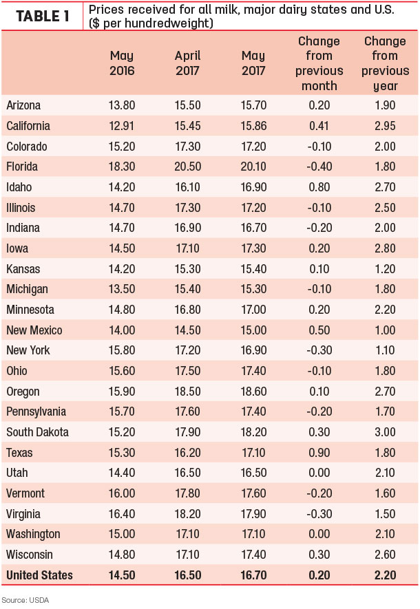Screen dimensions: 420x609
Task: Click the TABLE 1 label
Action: click(x=43, y=17)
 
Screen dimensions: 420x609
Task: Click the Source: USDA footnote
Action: click(x=25, y=600)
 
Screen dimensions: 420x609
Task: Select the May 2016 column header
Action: click(x=122, y=63)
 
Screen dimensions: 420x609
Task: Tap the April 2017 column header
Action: click(x=188, y=63)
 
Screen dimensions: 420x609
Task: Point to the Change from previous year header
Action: click(x=385, y=63)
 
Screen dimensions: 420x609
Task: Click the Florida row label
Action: click(x=22, y=167)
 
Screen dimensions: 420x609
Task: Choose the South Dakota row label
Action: click(x=37, y=432)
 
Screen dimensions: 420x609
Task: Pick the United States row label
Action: click(x=39, y=575)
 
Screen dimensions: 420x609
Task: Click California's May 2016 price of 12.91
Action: click(x=122, y=126)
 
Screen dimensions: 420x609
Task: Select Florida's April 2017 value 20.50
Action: click(x=188, y=167)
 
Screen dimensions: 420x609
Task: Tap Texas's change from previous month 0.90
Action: click(x=319, y=453)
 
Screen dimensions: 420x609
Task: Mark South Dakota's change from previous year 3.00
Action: click(x=385, y=432)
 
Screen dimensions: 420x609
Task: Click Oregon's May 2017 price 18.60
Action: click(x=253, y=391)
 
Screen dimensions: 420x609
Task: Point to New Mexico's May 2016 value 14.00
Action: click(x=122, y=330)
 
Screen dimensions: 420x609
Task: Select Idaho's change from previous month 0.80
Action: click(x=319, y=187)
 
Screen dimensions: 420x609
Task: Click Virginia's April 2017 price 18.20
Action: click(x=188, y=514)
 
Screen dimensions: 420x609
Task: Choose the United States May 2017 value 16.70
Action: click(x=253, y=575)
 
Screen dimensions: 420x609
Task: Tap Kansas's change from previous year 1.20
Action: click(x=385, y=269)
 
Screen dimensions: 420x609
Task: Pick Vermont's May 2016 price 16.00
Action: click(x=122, y=493)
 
